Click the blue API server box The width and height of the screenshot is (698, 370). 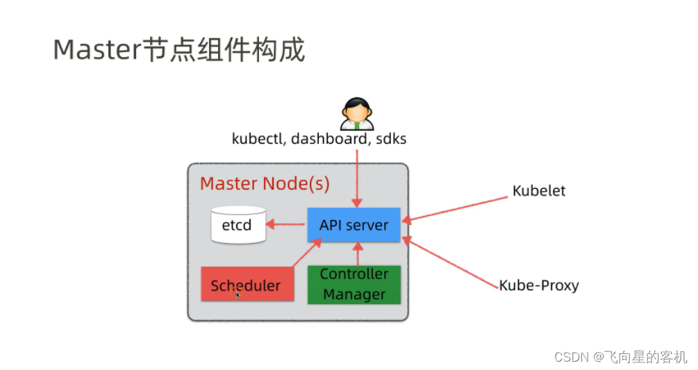pos(354,225)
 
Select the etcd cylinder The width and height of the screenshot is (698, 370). pos(238,225)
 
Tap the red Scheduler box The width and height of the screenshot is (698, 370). pos(247,285)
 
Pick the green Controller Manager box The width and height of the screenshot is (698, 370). pos(354,285)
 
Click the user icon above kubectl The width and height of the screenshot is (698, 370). pos(357,114)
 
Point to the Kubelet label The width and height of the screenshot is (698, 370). pos(539,191)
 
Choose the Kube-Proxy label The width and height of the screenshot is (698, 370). pos(539,285)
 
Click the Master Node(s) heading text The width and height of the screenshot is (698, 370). pos(265,184)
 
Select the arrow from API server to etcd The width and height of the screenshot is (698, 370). pos(287,224)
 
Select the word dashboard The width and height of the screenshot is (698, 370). pos(329,139)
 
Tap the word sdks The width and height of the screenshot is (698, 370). pos(390,139)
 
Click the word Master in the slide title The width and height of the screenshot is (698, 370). pos(97,50)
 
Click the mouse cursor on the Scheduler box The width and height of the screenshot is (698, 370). pos(238,294)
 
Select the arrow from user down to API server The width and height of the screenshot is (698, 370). pos(357,174)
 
